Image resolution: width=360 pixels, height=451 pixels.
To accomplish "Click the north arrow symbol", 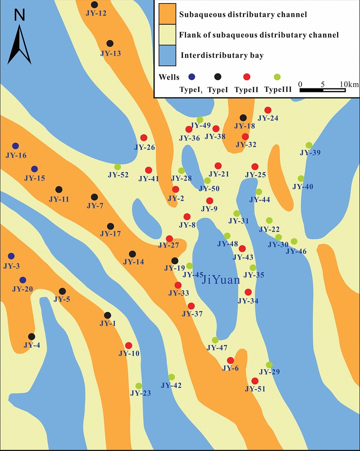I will tap(19, 41).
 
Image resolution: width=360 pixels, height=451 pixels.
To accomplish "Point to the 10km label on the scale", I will tap(349, 84).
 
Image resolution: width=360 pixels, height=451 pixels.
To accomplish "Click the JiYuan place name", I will tap(220, 279).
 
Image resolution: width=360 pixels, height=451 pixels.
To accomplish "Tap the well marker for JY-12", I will tap(95, 5).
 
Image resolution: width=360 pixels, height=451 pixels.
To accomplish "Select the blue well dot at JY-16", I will tap(15, 146).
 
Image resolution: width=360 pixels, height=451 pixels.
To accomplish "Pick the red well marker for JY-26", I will tap(144, 138).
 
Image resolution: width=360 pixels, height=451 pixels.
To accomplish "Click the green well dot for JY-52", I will tap(118, 166).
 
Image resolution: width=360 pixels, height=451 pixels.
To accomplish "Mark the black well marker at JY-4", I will tap(32, 337).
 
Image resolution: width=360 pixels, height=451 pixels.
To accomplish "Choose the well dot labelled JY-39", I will tap(309, 145).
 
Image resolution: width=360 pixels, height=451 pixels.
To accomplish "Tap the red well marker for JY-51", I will tap(255, 381).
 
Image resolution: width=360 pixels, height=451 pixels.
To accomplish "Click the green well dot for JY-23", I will tap(138, 386).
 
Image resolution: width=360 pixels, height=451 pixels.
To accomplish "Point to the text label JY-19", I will tap(174, 268).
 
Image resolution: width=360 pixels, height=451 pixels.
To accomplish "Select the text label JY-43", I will tap(243, 257).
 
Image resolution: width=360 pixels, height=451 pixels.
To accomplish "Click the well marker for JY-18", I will tap(243, 118).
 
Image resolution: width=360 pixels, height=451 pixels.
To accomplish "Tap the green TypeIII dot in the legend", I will tap(277, 77).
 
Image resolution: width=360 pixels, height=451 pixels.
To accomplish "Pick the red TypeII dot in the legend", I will tap(246, 77).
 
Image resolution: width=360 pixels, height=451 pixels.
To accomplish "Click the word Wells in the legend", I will tap(169, 77).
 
